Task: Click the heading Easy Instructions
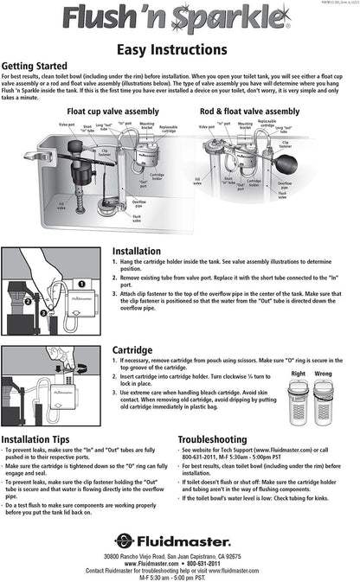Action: click(179, 51)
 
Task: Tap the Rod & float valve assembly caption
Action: click(249, 112)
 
